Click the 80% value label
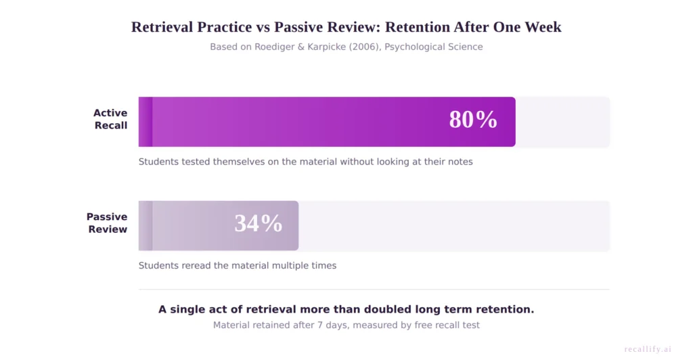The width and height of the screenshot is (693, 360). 473,120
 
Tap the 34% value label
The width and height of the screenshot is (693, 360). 258,223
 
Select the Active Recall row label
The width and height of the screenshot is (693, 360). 110,119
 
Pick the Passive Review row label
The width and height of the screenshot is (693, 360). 107,223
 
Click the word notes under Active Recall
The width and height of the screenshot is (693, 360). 458,162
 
